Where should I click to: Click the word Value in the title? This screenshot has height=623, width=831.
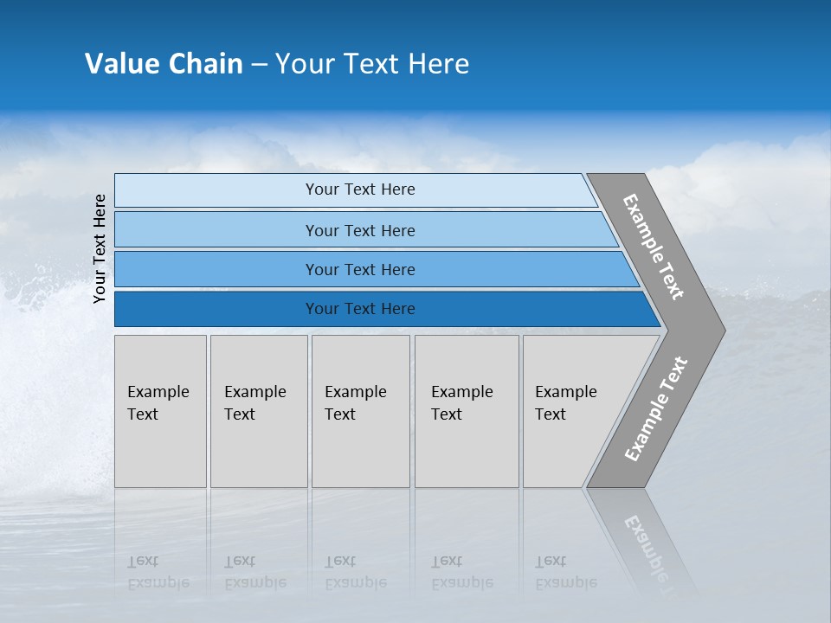(121, 64)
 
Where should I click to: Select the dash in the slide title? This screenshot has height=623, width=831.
(259, 65)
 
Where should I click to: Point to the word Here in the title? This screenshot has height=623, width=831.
(438, 64)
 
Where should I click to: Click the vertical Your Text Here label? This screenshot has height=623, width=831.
(100, 248)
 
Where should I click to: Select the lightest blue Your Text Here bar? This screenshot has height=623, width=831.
(359, 189)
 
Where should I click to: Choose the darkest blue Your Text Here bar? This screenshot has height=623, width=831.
(359, 309)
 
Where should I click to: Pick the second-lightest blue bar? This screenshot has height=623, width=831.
(359, 230)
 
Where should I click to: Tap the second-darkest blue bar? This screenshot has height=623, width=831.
(359, 269)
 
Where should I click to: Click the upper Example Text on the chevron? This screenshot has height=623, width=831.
(654, 247)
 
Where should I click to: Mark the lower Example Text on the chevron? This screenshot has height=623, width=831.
(655, 409)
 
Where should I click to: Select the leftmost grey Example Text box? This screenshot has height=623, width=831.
(160, 411)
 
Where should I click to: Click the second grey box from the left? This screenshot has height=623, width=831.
(258, 411)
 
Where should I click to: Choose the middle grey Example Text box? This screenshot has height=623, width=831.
(360, 411)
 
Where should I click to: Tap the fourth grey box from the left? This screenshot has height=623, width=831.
(466, 411)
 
